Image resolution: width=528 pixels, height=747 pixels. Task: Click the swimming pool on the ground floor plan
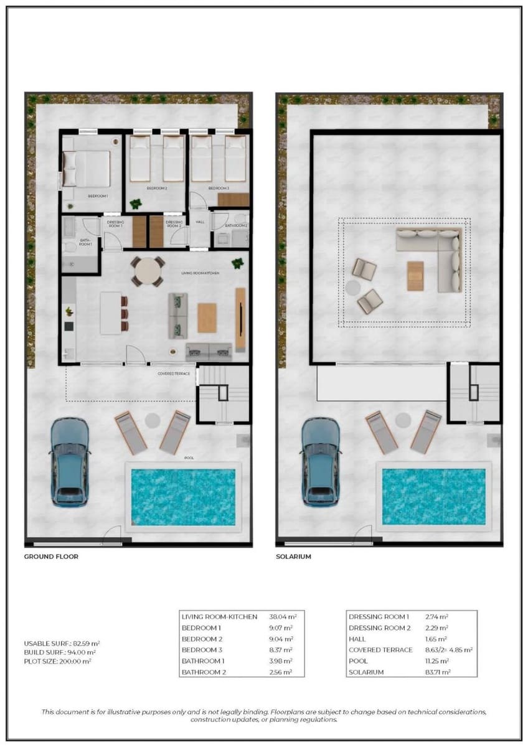[182, 497]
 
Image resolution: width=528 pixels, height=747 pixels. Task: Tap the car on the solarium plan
[321, 461]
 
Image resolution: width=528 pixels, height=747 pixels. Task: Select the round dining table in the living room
[148, 271]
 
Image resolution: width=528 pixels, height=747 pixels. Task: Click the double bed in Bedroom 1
[88, 169]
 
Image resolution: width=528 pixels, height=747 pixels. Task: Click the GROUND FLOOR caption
[51, 557]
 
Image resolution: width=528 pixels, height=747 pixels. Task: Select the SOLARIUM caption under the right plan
[293, 557]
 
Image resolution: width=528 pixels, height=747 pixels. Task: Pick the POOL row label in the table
[358, 661]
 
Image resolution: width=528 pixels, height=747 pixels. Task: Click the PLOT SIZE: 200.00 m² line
[57, 661]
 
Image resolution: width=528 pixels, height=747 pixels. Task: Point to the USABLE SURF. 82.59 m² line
[62, 643]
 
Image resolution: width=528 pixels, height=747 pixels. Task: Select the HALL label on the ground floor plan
[200, 222]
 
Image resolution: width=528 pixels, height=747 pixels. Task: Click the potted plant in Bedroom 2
[136, 204]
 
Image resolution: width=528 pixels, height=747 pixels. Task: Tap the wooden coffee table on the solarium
[415, 276]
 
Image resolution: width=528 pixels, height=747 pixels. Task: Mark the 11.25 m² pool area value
[437, 661]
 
